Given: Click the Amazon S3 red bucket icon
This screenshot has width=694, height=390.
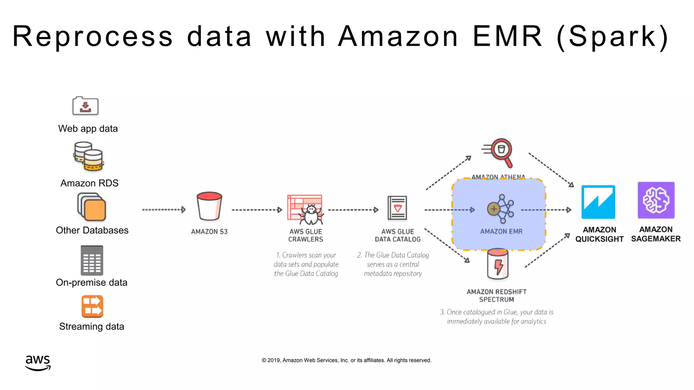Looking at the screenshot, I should coord(209,207).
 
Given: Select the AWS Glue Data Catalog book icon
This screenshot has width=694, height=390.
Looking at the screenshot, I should coord(397,208).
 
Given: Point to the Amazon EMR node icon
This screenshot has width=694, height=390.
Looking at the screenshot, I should coord(501,209).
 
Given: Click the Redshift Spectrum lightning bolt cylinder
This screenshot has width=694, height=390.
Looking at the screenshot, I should coord(497,265).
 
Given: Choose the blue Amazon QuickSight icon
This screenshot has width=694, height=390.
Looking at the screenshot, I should coord(598,202).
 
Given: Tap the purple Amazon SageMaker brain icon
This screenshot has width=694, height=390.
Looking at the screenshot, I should coord(656,200).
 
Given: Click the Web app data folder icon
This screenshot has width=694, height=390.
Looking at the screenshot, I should coord(85,106).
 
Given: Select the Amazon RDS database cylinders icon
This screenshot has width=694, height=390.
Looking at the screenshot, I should coord(88,156).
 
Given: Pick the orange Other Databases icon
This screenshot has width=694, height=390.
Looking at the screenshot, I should coord(92,207).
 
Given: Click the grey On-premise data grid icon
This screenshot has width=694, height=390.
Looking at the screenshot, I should coord(92,260).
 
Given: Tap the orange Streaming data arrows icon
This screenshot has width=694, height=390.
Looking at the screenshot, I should coord(92,306).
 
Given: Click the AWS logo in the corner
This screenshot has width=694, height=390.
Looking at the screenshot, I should coord(38,363).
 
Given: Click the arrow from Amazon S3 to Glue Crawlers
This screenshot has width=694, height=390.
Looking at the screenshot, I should coord(257,210).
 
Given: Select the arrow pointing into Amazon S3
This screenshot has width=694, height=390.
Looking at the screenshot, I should coord(164,210).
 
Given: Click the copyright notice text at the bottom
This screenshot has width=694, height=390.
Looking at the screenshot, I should coord(346,360).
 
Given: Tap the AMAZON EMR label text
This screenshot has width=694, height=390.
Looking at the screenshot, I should coord(501,232).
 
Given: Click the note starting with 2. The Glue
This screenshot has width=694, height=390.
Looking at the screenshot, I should coord(393,264).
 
